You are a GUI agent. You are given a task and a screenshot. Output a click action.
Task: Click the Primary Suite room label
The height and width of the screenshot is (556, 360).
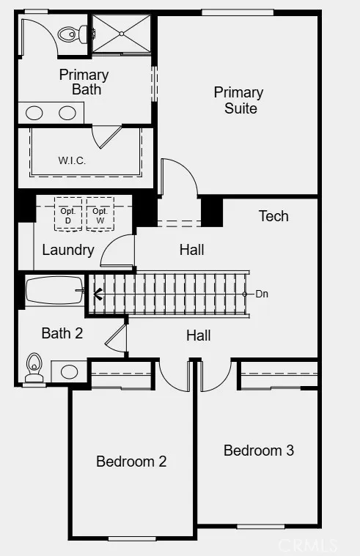click(x=238, y=100)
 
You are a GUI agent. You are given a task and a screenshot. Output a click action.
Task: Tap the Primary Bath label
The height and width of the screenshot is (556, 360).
click(x=84, y=82)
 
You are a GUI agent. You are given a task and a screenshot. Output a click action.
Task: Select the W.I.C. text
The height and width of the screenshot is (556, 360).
click(x=72, y=160)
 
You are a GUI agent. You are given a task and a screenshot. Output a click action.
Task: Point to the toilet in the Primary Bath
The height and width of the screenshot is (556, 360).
click(x=73, y=33)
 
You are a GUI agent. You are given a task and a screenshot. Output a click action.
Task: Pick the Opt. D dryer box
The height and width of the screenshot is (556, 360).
click(x=68, y=215)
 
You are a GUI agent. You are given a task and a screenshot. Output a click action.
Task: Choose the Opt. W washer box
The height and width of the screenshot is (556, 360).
click(x=100, y=215)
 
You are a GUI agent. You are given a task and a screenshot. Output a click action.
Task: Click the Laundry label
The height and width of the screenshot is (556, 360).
click(x=67, y=250)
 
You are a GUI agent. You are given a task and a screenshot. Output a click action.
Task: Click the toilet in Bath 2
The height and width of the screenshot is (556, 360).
click(x=33, y=368)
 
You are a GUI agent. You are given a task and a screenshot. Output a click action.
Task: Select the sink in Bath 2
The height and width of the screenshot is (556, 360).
click(x=69, y=371)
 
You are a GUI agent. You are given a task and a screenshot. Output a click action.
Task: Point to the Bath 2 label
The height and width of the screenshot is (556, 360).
click(x=62, y=333)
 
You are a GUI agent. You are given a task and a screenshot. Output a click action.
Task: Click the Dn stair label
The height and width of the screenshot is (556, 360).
click(x=262, y=294)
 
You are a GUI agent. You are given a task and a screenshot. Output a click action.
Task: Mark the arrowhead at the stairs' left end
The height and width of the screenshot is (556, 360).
click(x=98, y=294)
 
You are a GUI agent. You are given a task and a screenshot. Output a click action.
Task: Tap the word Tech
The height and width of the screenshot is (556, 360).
click(x=273, y=216)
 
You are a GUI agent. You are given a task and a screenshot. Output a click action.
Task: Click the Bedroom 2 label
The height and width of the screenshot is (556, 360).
click(x=131, y=462)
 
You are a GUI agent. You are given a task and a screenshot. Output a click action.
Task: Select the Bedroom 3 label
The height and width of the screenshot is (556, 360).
click(x=259, y=451)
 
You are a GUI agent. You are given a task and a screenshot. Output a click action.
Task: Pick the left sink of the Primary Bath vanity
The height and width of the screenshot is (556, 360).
click(x=35, y=113)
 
